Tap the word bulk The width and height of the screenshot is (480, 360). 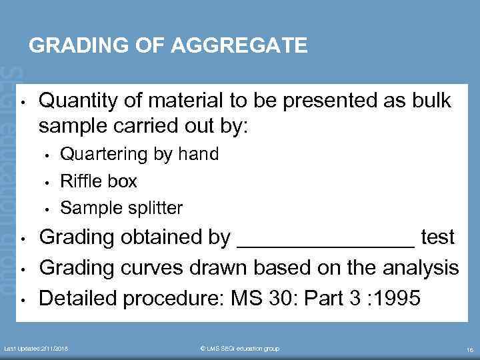click(431, 101)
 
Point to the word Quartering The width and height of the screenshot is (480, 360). click(105, 154)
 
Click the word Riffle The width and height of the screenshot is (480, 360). click(80, 181)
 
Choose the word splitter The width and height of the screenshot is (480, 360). click(153, 207)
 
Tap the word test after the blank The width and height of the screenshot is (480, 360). click(439, 237)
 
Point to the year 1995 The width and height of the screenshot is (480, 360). click(397, 298)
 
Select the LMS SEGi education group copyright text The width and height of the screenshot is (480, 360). click(240, 349)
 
